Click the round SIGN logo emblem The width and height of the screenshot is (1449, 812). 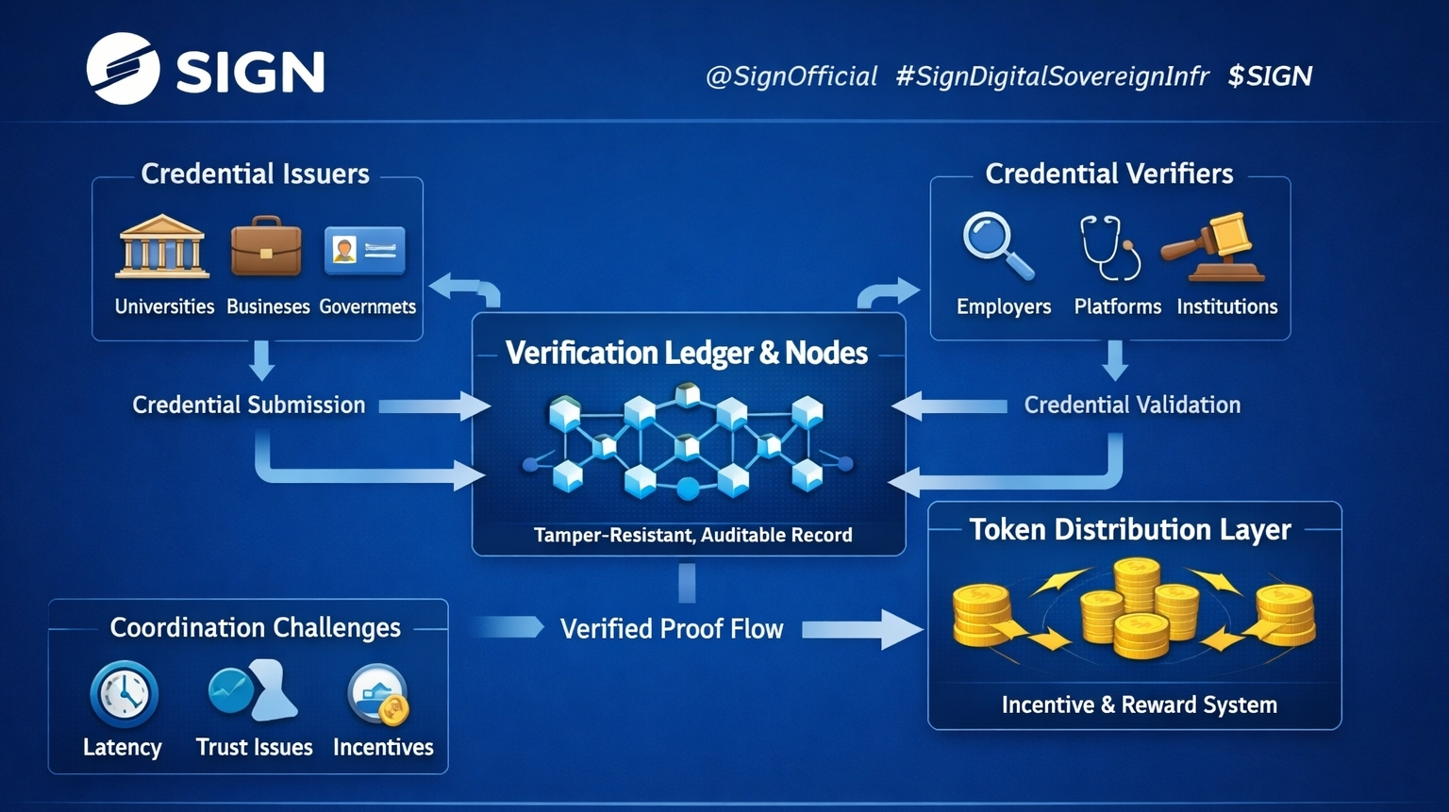123,68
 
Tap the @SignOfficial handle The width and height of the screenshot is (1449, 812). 791,75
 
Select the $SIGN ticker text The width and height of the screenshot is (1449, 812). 1269,75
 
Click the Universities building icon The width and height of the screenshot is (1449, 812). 162,247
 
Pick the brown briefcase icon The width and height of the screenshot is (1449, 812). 266,246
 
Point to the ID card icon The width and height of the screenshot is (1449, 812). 364,250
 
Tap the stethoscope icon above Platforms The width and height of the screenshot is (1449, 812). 1110,247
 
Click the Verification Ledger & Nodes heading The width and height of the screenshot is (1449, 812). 686,353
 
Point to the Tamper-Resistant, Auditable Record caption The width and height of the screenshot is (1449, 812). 692,535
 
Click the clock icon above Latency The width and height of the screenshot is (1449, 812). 124,695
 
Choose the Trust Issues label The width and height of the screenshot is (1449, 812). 254,747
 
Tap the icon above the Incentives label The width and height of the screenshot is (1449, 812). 378,695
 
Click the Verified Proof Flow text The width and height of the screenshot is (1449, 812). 671,629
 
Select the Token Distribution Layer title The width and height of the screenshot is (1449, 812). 1129,529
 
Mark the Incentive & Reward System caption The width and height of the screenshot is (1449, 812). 1139,704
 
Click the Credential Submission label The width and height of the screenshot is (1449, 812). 248,405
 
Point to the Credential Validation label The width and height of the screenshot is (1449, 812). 1132,405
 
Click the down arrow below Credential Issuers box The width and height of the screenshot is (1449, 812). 262,360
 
